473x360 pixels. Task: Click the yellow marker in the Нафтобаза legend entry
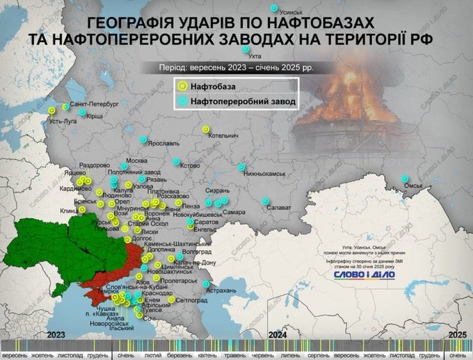(183, 86)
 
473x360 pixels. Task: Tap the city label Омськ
(415, 186)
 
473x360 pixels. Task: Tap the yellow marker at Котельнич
(205, 129)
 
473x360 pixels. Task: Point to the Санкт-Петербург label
(95, 103)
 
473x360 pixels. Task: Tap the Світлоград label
(191, 300)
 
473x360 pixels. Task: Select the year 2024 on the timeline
(278, 335)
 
